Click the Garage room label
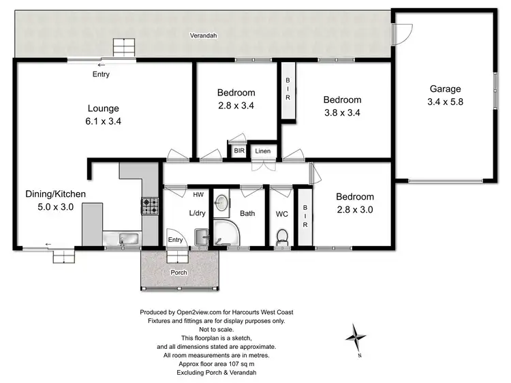click(445, 89)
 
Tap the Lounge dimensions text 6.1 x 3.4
click(104, 121)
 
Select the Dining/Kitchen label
click(56, 194)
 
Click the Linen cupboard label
click(262, 151)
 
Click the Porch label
click(179, 273)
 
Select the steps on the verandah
click(124, 48)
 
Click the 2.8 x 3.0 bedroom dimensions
click(356, 209)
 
